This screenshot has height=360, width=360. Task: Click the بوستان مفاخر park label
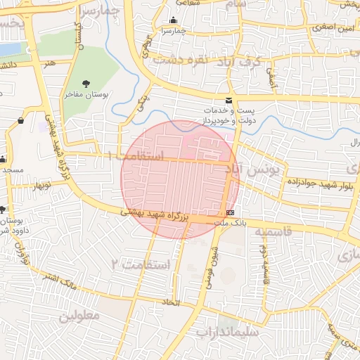86,94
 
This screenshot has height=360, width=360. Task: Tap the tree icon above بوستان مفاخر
86,84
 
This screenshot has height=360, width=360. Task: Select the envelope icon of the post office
229,101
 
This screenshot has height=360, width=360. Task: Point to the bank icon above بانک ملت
231,212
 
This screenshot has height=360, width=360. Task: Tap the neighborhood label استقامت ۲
141,264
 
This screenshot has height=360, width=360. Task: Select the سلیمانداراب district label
227,331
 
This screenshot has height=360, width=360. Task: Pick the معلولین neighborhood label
82,316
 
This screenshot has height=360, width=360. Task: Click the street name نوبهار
41,186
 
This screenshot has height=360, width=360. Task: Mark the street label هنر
49,63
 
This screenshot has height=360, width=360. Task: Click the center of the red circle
180,179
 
